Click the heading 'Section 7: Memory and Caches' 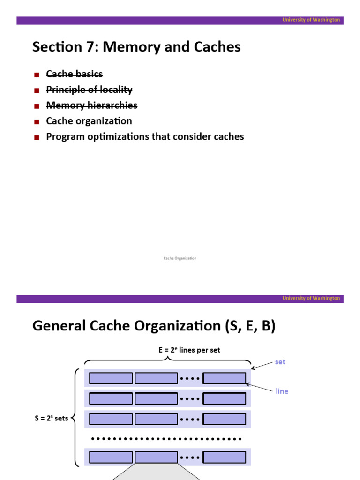click(136, 47)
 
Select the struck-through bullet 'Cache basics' click(74, 74)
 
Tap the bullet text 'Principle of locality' click(89, 90)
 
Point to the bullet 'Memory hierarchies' click(91, 105)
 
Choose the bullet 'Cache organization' click(89, 121)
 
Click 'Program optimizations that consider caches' click(145, 137)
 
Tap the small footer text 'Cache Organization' click(180, 258)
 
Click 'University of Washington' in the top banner click(311, 20)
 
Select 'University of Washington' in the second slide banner click(311, 298)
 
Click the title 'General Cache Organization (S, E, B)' click(154, 326)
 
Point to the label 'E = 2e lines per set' click(189, 350)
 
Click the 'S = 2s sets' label click(51, 419)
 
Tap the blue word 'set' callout click(280, 362)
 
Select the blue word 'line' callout click(282, 391)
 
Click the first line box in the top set click(111, 378)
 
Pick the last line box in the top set click(224, 378)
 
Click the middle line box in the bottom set click(156, 457)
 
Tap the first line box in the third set click(111, 419)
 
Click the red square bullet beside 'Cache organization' click(37, 121)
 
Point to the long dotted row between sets click(166, 439)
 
